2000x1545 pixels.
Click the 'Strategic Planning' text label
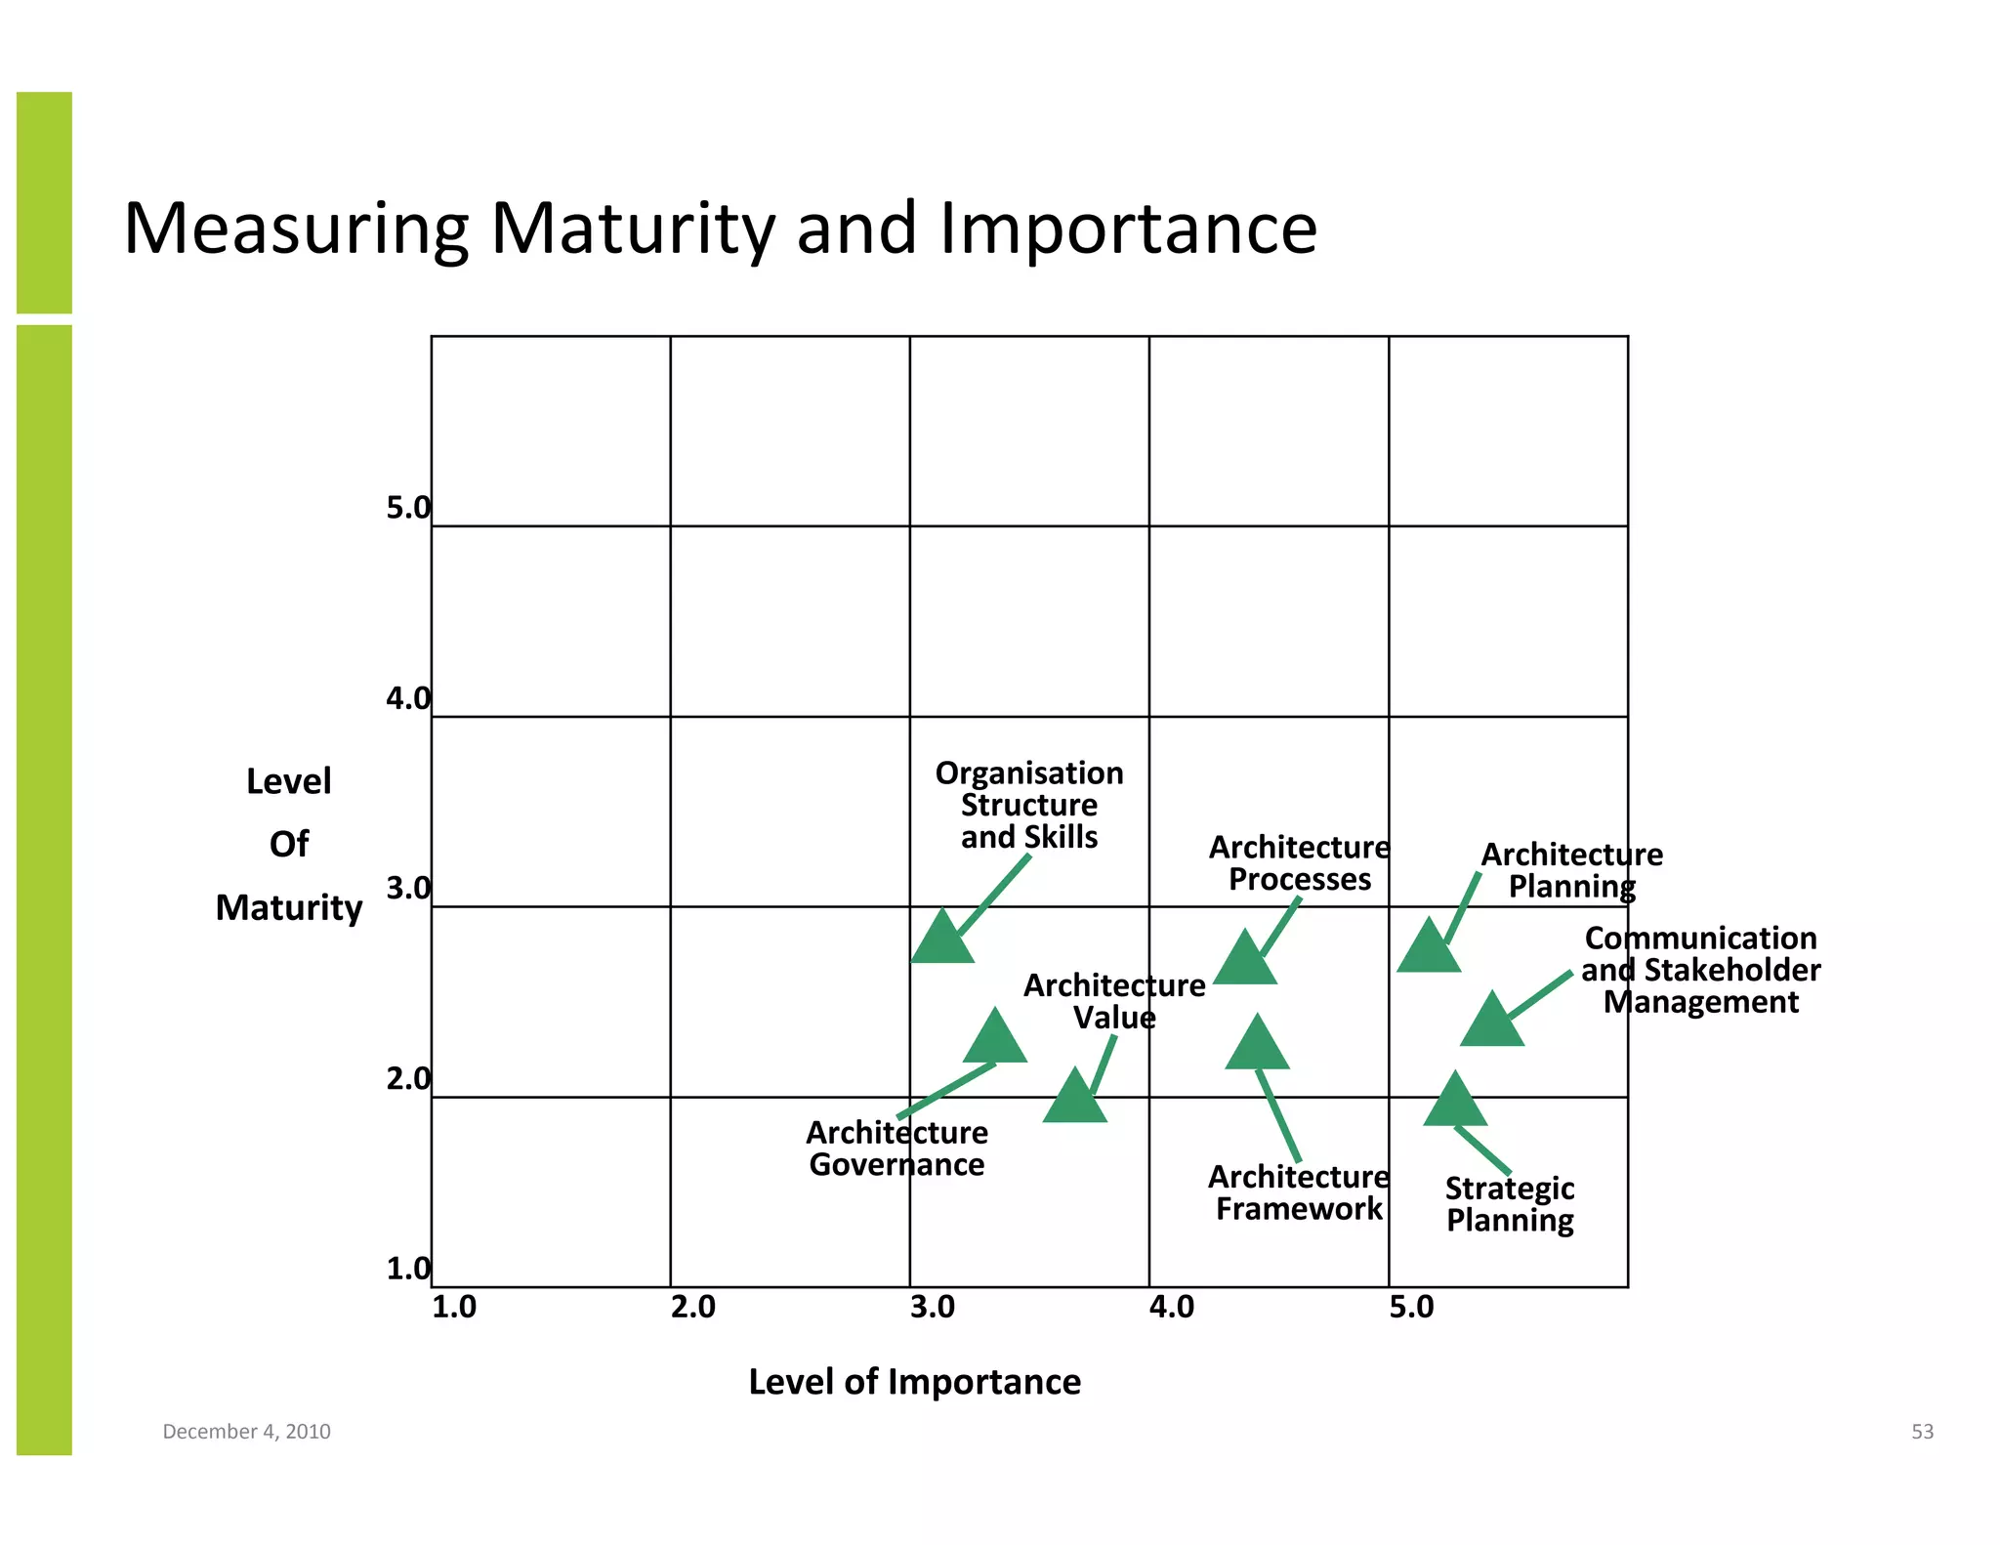tap(1510, 1204)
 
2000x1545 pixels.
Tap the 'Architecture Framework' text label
tap(1299, 1192)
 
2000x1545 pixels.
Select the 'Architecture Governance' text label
tap(896, 1148)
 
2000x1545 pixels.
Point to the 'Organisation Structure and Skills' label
tap(1029, 805)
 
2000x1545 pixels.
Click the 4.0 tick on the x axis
tap(1172, 1307)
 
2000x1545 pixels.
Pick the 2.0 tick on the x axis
tap(693, 1307)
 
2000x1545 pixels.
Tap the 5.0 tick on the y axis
tap(407, 508)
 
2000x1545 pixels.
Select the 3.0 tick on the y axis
tap(407, 889)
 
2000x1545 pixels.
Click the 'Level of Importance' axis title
tap(914, 1382)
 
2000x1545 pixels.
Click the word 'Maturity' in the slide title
tap(633, 229)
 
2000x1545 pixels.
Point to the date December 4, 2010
tap(246, 1432)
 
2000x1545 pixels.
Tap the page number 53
tap(1922, 1432)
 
